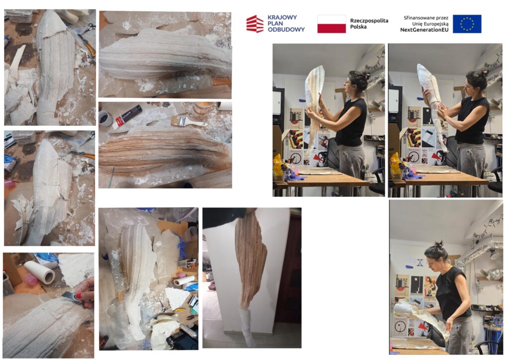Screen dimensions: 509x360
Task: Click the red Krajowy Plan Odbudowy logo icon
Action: tap(255, 24)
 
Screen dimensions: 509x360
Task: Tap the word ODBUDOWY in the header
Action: tap(286, 29)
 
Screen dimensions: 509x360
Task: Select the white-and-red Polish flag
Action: tap(332, 24)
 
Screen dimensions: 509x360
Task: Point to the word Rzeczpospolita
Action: tap(369, 21)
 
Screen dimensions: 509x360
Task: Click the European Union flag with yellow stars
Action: tap(467, 24)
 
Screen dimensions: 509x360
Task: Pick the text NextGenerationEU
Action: tap(424, 30)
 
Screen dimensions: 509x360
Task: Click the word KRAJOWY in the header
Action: tap(282, 17)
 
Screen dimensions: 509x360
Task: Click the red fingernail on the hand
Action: tap(79, 296)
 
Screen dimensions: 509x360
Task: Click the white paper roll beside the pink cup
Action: tap(40, 272)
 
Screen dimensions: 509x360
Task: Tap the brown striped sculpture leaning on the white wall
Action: tap(251, 259)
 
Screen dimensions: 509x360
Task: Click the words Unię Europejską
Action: tap(430, 24)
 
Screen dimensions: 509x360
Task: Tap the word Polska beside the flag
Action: tap(358, 27)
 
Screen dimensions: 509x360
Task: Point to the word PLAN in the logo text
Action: tap(275, 23)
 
